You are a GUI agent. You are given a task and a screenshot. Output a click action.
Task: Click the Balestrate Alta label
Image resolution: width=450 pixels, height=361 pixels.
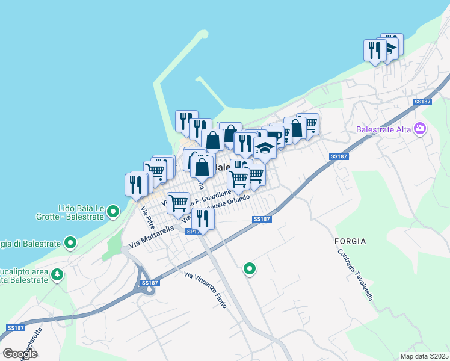point(384,129)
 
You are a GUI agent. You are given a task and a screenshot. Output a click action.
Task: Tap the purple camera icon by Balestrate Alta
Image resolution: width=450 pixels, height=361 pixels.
point(420,129)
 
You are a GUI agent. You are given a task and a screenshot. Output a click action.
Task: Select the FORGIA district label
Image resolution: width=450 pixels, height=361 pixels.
point(350,241)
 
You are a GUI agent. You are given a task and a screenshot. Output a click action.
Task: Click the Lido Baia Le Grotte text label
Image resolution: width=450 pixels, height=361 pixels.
point(82,212)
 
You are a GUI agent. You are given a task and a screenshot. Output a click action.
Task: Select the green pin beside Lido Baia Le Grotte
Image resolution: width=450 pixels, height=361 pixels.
point(114,212)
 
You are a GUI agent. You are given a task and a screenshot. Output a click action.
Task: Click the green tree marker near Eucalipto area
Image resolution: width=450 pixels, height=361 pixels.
point(57,274)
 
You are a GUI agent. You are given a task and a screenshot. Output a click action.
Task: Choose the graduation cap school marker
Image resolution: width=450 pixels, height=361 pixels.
point(264,147)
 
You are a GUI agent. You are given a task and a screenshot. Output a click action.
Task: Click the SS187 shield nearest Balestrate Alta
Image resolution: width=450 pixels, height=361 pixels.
point(423,102)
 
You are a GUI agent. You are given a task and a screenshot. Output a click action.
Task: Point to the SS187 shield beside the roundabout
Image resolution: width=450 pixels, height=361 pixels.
point(150,283)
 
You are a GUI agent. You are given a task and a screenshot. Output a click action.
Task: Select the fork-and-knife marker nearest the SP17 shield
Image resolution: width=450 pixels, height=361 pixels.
point(202,219)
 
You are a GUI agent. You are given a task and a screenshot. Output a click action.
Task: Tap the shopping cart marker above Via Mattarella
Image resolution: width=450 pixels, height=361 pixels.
point(178,203)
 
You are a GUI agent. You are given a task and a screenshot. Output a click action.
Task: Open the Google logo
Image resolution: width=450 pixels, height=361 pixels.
point(20,354)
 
